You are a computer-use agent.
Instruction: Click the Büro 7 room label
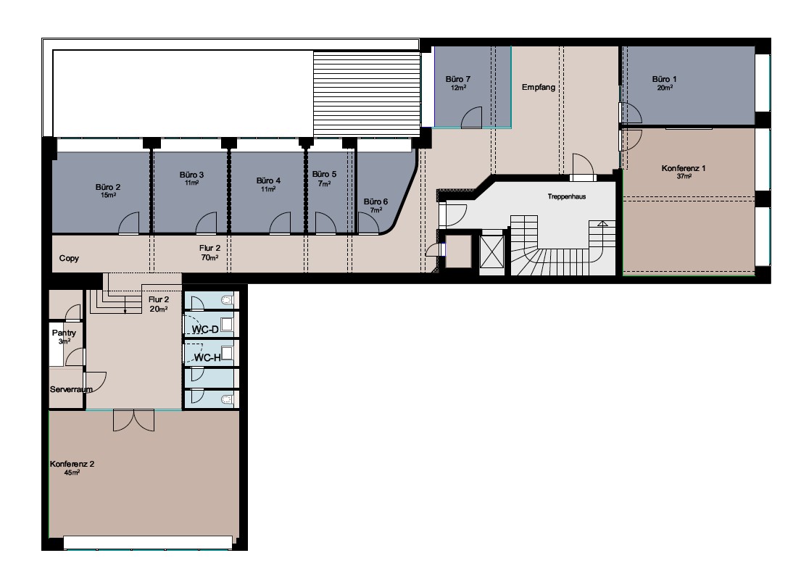[x=457, y=79]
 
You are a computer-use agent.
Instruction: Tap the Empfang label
[x=539, y=87]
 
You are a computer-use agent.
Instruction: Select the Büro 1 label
[x=664, y=79]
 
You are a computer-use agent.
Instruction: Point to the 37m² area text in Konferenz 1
[x=684, y=176]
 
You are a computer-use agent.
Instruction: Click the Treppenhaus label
[x=567, y=196]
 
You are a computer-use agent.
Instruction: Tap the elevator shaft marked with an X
[x=492, y=251]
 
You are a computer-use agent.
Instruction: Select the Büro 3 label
[x=191, y=175]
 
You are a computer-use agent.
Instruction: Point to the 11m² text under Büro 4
[x=269, y=189]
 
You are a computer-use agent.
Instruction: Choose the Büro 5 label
[x=324, y=174]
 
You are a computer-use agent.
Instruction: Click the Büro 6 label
[x=375, y=201]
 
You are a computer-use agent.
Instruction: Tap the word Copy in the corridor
[x=69, y=259]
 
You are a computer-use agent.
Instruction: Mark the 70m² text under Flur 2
[x=209, y=257]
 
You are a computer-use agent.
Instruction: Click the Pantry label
[x=64, y=333]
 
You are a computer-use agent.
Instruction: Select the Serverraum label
[x=71, y=389]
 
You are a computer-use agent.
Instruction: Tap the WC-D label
[x=205, y=329]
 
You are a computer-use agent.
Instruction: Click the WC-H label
[x=207, y=358]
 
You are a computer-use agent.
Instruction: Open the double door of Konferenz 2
[x=133, y=420]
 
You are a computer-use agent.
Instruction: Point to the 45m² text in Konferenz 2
[x=72, y=473]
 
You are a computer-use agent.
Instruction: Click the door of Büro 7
[x=471, y=117]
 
